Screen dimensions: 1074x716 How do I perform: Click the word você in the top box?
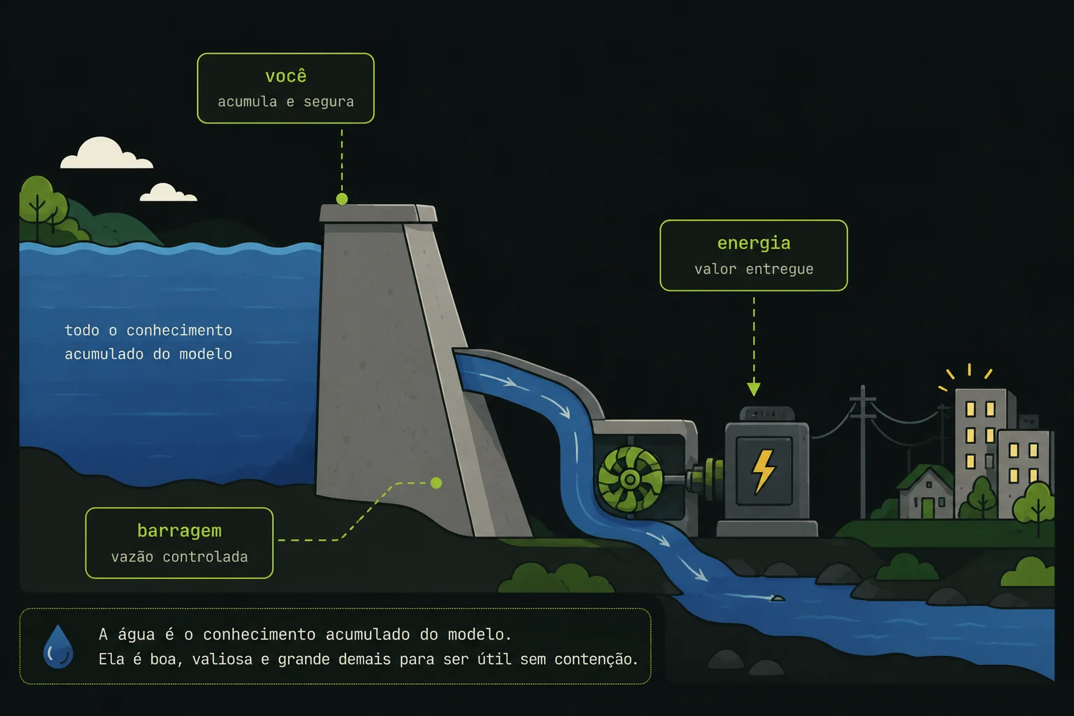tap(286, 76)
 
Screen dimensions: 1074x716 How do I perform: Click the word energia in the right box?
tap(754, 243)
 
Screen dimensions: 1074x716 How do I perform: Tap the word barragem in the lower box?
tap(179, 531)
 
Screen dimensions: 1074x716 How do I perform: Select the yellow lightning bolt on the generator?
tap(764, 471)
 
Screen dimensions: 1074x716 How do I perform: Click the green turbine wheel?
tap(631, 479)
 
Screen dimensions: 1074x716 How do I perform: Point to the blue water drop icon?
tap(58, 647)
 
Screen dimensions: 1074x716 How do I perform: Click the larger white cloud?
tap(106, 153)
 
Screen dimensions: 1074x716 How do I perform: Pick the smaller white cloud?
tap(168, 192)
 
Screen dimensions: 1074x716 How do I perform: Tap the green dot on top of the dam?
tap(342, 199)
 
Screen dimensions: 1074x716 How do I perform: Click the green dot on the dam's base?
tap(436, 483)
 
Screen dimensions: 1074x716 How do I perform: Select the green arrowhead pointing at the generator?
tap(754, 389)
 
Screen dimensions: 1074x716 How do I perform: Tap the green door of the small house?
tap(928, 508)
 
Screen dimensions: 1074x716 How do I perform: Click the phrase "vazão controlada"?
tap(179, 557)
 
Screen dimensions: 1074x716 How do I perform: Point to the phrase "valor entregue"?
tap(754, 269)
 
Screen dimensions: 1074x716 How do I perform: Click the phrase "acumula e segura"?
tap(286, 102)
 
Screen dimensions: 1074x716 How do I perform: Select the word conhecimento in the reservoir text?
tap(179, 331)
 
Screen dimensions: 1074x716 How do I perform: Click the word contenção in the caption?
tap(596, 660)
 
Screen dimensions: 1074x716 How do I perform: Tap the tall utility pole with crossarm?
tap(863, 452)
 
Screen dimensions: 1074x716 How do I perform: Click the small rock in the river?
tap(778, 598)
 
